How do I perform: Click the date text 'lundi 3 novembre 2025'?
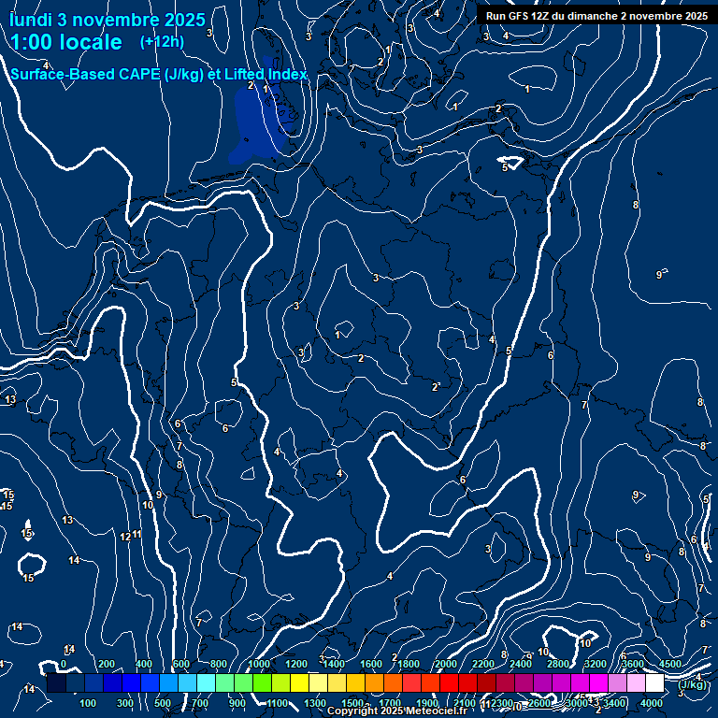(108, 20)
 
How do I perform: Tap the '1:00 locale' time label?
(66, 42)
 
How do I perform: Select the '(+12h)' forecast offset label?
(162, 41)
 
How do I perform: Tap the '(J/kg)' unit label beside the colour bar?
(694, 684)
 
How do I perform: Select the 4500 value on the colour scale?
(670, 664)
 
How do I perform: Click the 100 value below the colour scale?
(89, 703)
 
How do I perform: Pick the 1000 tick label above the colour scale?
(258, 664)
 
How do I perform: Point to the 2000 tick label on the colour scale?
(445, 664)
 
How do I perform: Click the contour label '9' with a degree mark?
(660, 274)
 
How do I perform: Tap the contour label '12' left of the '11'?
(125, 537)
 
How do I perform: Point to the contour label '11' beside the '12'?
(136, 534)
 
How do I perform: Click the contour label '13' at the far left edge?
(10, 400)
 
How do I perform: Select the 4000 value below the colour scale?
(652, 703)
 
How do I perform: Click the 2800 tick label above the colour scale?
(557, 664)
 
